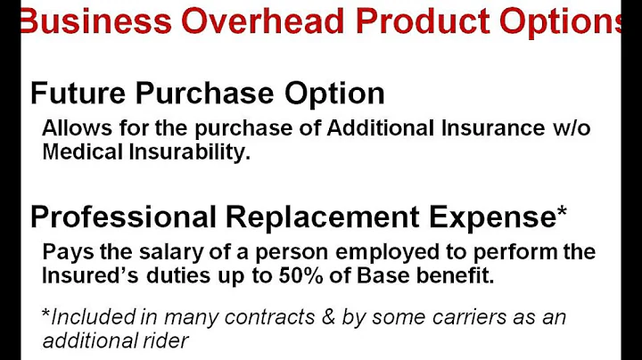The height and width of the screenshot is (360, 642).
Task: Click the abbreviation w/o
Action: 572,127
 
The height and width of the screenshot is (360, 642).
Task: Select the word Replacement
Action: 313,217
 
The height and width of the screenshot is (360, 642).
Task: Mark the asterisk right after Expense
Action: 561,211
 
